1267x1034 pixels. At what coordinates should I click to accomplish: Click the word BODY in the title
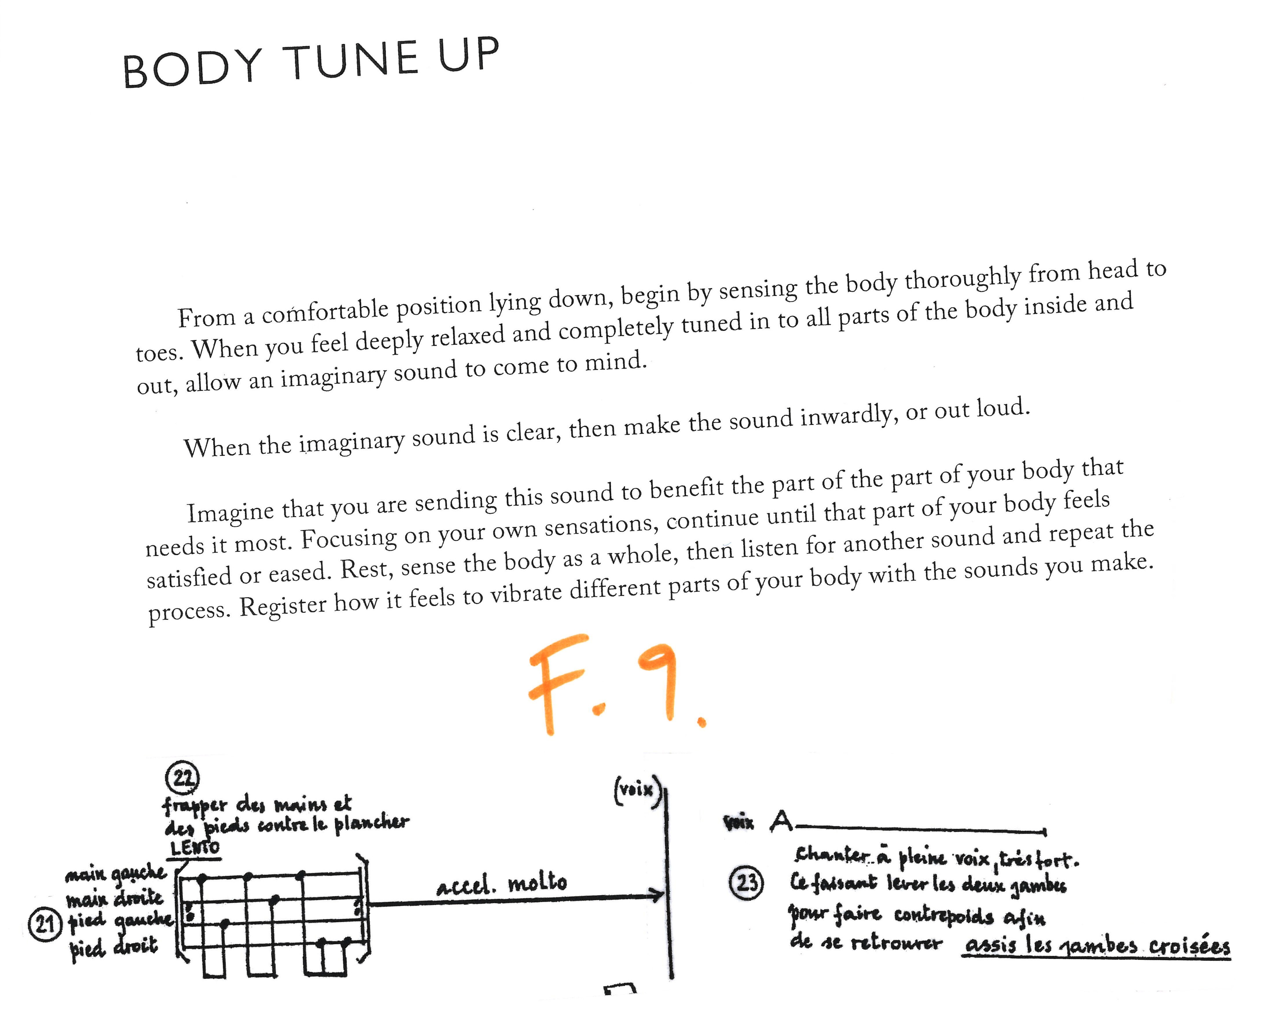(192, 69)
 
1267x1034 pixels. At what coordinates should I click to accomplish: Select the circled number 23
(746, 882)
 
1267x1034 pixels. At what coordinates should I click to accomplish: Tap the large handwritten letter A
(781, 822)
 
